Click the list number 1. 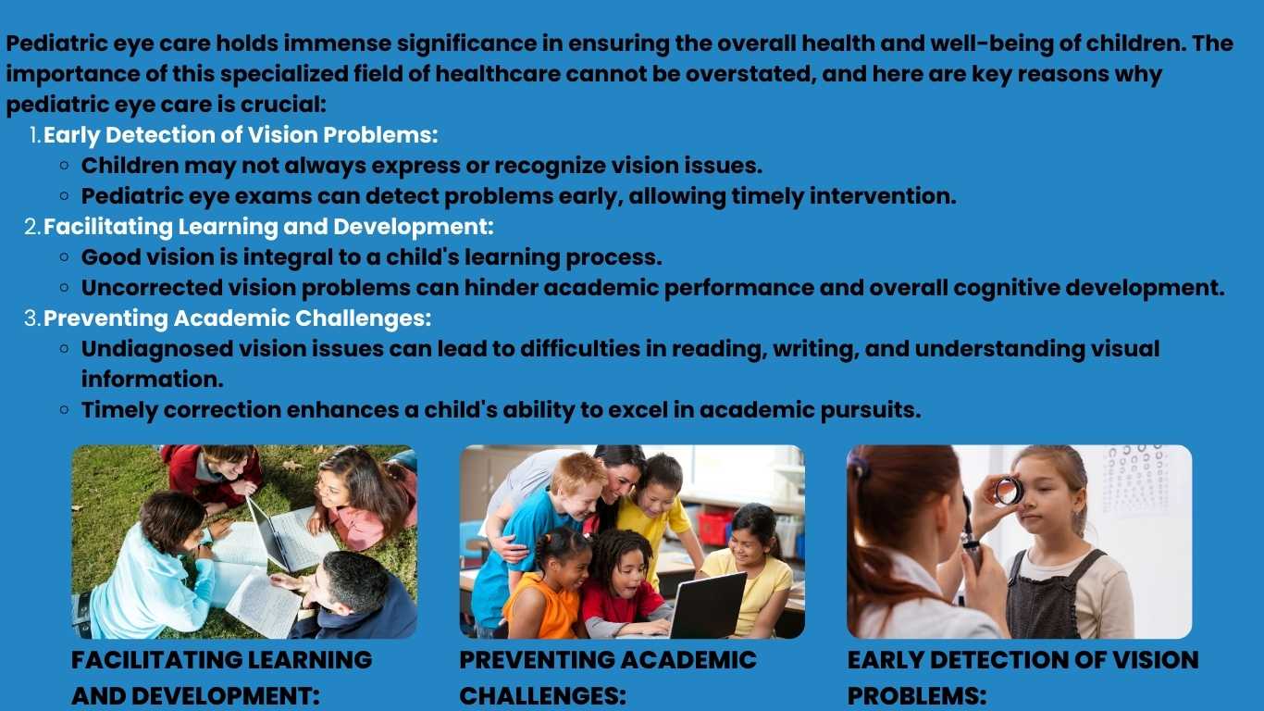(35, 135)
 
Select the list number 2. (32, 227)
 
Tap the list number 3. (32, 318)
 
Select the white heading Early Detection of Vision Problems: (241, 135)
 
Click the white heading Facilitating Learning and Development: (268, 227)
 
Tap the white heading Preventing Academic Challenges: (237, 318)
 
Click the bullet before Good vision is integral (65, 257)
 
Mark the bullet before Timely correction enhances (65, 409)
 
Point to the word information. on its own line (153, 379)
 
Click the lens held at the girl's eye (1009, 490)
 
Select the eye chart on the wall (1135, 480)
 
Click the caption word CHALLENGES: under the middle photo (543, 696)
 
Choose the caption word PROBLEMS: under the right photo (917, 696)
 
